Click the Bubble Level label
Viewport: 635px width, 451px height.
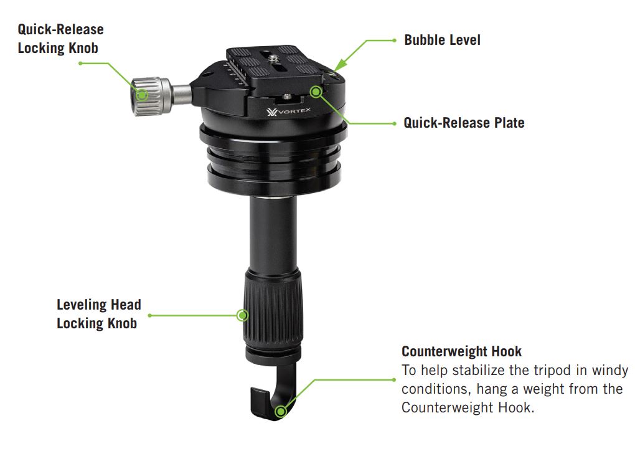coord(442,40)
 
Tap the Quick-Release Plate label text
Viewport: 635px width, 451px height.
coord(464,123)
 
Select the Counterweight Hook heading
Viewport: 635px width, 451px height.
coord(461,351)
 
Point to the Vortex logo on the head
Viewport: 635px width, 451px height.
coord(288,111)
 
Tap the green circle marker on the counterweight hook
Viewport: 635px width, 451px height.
coord(280,412)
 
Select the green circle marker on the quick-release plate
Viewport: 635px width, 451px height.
coord(316,92)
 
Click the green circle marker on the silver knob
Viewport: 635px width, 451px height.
coord(142,95)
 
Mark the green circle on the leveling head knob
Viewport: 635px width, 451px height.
coord(242,315)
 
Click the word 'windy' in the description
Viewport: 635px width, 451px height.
coord(610,371)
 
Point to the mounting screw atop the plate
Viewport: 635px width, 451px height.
coord(273,59)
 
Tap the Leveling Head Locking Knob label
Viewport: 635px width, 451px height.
coord(99,314)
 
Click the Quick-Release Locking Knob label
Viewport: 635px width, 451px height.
coord(61,39)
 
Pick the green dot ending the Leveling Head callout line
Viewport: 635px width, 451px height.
coord(150,315)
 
